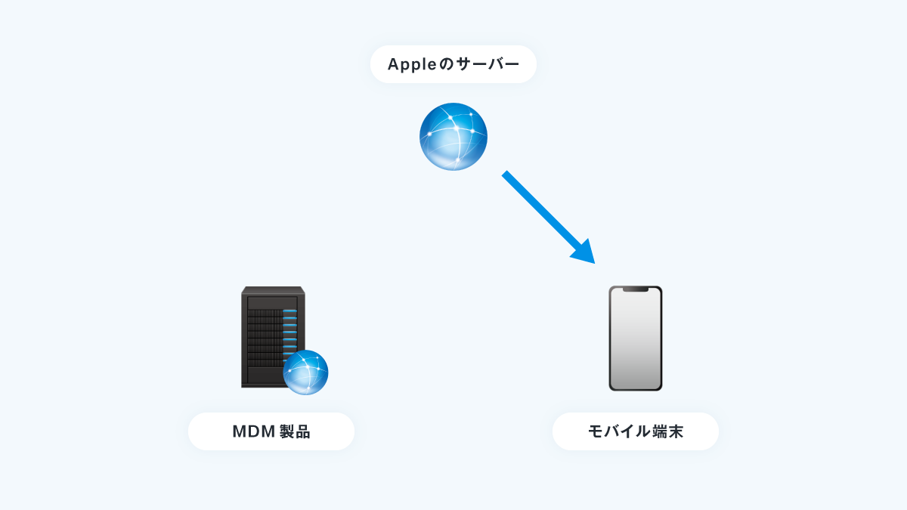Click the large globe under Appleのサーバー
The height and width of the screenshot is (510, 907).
click(x=453, y=137)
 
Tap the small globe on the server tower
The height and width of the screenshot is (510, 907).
click(x=305, y=372)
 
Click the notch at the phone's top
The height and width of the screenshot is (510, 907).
click(x=636, y=289)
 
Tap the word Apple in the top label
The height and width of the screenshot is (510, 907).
click(x=412, y=64)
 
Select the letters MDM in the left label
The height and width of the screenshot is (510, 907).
click(x=254, y=431)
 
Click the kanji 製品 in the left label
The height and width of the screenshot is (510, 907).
click(x=295, y=431)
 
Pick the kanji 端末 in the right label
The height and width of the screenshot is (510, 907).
click(x=667, y=431)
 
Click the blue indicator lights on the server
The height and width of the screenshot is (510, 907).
click(x=290, y=332)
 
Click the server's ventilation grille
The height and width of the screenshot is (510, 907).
click(x=265, y=338)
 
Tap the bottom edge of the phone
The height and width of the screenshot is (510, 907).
click(x=636, y=389)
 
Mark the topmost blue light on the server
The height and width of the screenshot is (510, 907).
click(x=290, y=311)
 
